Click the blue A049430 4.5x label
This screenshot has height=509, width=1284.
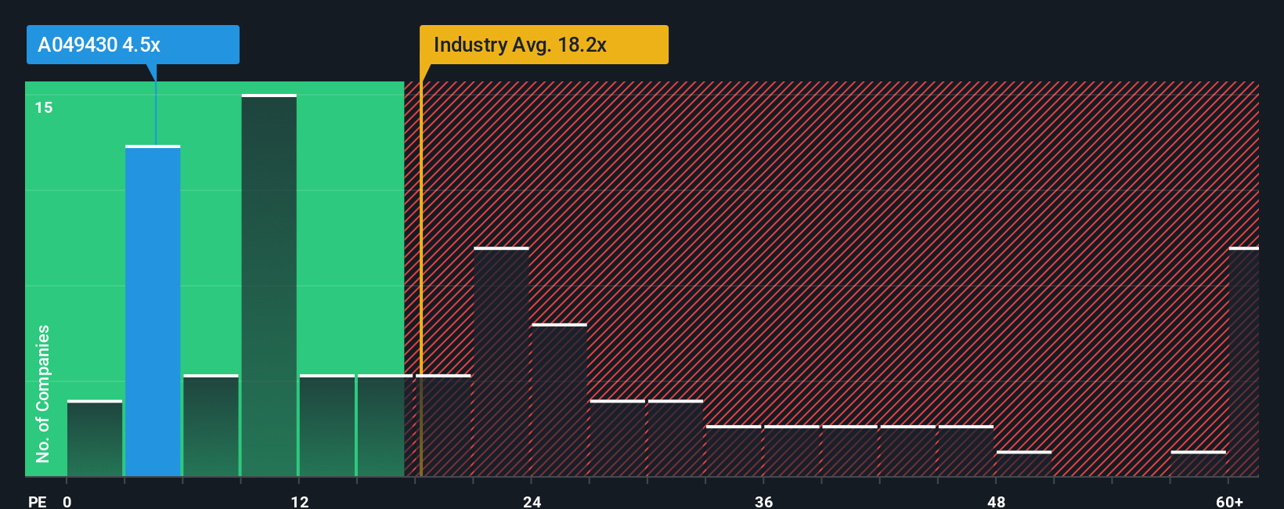point(132,45)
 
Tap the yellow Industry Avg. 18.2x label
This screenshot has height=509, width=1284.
point(543,45)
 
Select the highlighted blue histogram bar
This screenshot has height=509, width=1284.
point(153,311)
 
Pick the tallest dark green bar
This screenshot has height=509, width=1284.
point(269,286)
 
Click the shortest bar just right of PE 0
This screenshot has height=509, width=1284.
point(95,439)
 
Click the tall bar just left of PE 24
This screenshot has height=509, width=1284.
point(501,362)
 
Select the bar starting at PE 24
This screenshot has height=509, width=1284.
point(559,400)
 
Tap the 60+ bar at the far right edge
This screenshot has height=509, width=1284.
point(1243,362)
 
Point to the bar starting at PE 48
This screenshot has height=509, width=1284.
point(1023,464)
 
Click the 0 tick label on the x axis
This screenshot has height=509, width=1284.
point(67,501)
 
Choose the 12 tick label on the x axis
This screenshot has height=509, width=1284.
point(299,501)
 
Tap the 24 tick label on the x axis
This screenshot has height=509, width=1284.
point(532,501)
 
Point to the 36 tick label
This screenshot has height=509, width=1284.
point(763,501)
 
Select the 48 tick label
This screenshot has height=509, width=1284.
point(996,501)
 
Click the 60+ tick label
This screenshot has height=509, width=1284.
point(1229,501)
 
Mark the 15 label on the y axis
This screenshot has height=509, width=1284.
point(44,107)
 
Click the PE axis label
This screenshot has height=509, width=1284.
point(37,501)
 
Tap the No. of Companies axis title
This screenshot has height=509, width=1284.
point(43,393)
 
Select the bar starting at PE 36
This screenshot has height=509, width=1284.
point(792,451)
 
